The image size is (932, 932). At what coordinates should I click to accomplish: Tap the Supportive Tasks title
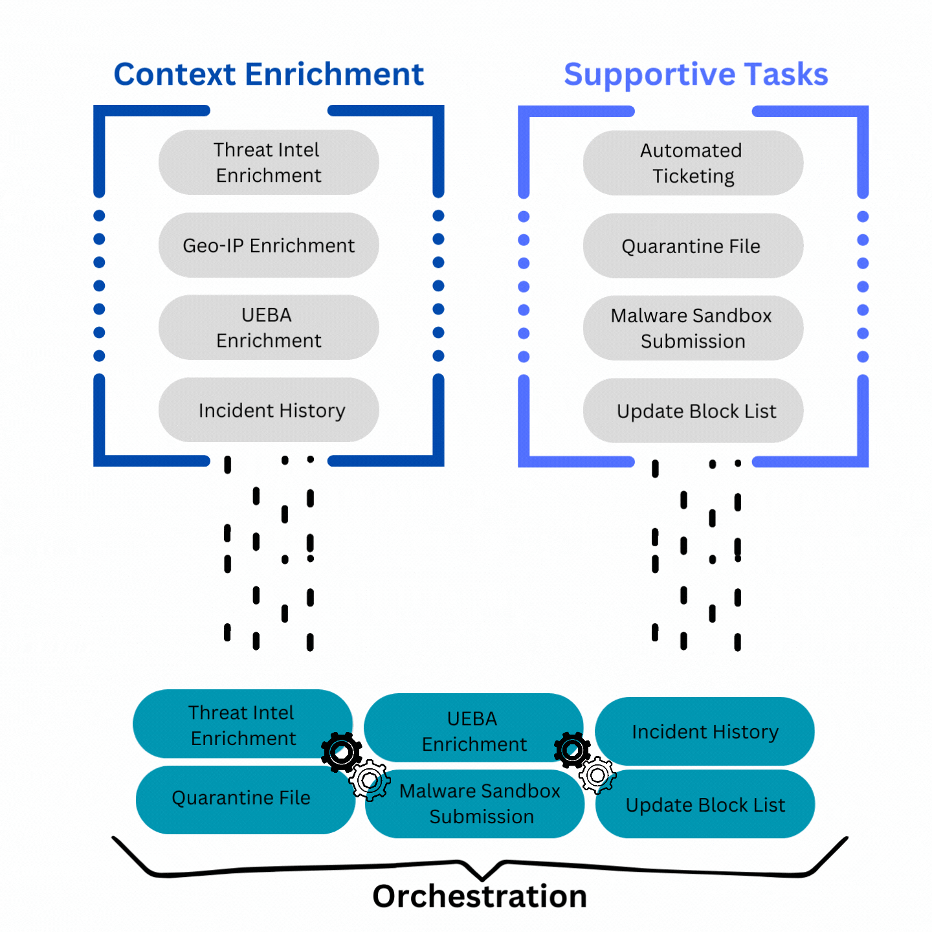tap(696, 75)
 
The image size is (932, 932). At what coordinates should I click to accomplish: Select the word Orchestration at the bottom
tap(480, 896)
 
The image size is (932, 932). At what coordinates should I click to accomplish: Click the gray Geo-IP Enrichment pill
tap(269, 245)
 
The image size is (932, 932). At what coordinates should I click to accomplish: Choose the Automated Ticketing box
tap(693, 163)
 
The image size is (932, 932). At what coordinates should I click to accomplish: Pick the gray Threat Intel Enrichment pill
tap(269, 162)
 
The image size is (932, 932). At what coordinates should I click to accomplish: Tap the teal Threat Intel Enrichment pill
tap(243, 724)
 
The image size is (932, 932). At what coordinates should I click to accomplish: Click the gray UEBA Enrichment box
tap(269, 327)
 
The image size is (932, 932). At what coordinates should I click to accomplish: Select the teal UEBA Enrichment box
tap(474, 727)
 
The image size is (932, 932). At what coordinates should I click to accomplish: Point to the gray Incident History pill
tap(269, 410)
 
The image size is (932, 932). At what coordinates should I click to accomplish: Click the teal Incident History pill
tap(705, 731)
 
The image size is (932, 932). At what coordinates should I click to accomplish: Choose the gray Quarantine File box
tap(693, 246)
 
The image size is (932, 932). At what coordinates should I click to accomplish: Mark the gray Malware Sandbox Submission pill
tap(693, 328)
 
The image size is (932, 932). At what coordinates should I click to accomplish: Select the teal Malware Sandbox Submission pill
tap(475, 804)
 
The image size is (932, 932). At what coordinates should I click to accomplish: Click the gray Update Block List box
tap(693, 410)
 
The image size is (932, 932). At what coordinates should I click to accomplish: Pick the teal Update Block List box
tap(705, 804)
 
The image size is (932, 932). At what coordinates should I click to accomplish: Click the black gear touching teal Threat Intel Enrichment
tap(342, 753)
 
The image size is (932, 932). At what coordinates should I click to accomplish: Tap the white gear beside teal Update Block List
tap(597, 775)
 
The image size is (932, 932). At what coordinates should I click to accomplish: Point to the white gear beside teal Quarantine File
tap(370, 780)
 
